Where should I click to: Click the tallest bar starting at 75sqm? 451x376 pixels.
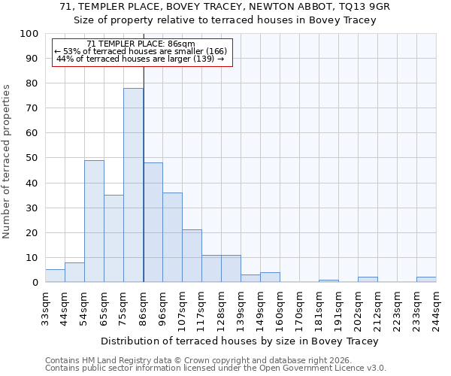[133, 185]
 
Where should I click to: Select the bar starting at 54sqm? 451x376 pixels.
[94, 221]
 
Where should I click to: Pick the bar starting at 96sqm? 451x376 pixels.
[172, 237]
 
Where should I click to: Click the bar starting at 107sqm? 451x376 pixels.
[192, 256]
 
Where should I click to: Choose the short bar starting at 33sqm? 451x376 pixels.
[55, 276]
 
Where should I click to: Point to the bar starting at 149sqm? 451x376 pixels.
[270, 277]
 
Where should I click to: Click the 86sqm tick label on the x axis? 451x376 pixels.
[144, 305]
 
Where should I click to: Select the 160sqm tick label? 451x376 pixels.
[280, 305]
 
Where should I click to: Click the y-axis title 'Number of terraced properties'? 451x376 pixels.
[8, 161]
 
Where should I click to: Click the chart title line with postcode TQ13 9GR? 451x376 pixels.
[225, 6]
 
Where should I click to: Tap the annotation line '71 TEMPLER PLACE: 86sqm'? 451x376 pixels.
[141, 44]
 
